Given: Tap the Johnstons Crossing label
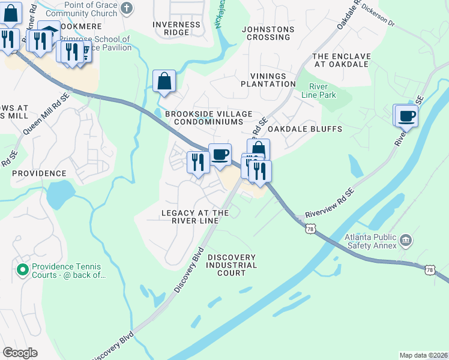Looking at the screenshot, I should [268, 33].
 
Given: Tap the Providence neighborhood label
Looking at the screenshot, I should [39, 173].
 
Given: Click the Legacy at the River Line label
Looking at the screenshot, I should [195, 217].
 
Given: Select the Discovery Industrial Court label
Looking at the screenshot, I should [232, 265].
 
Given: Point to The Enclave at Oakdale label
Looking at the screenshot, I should [342, 60].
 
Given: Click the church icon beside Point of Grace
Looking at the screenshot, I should [126, 8].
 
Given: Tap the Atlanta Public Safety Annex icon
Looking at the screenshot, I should [406, 241].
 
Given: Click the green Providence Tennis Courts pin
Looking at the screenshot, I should [23, 271].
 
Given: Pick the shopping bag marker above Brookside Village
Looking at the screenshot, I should [164, 81].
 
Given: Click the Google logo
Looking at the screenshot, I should [20, 353].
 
